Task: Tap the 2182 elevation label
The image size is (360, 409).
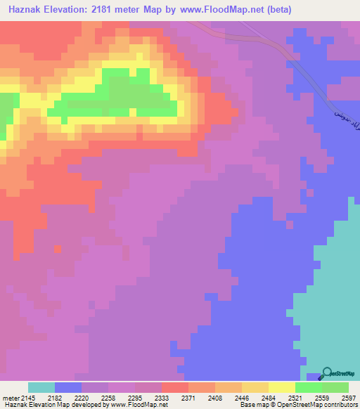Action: (x=55, y=398)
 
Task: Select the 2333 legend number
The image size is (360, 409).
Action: (x=162, y=398)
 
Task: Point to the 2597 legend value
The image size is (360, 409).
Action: (x=349, y=398)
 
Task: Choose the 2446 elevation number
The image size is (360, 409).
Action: (x=242, y=398)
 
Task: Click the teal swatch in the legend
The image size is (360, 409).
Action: (x=41, y=387)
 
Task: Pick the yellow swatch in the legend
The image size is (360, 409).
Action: (x=281, y=387)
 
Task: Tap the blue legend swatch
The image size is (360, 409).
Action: (x=67, y=387)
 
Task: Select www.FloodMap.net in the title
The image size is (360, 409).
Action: (x=214, y=9)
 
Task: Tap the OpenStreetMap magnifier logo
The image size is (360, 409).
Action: (x=326, y=374)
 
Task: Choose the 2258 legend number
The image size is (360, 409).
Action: (x=108, y=398)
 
